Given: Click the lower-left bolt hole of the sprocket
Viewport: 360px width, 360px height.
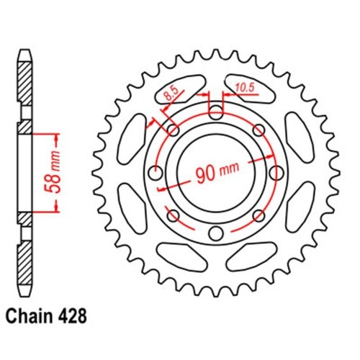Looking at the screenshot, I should (173, 215).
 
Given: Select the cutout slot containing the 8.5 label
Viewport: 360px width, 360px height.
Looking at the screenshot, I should (179, 89).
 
